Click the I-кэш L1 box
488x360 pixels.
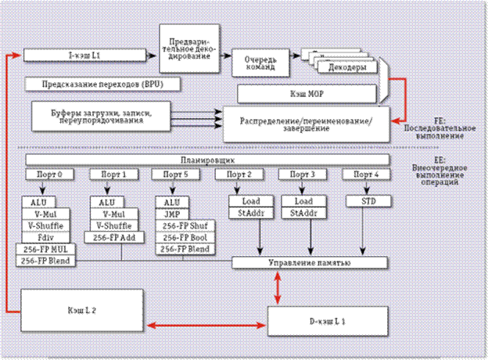(x=84, y=56)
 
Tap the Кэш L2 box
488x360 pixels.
(x=82, y=311)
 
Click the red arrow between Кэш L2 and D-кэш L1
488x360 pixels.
(x=206, y=323)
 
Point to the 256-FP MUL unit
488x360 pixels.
(x=45, y=249)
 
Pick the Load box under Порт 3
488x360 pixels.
(x=301, y=200)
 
